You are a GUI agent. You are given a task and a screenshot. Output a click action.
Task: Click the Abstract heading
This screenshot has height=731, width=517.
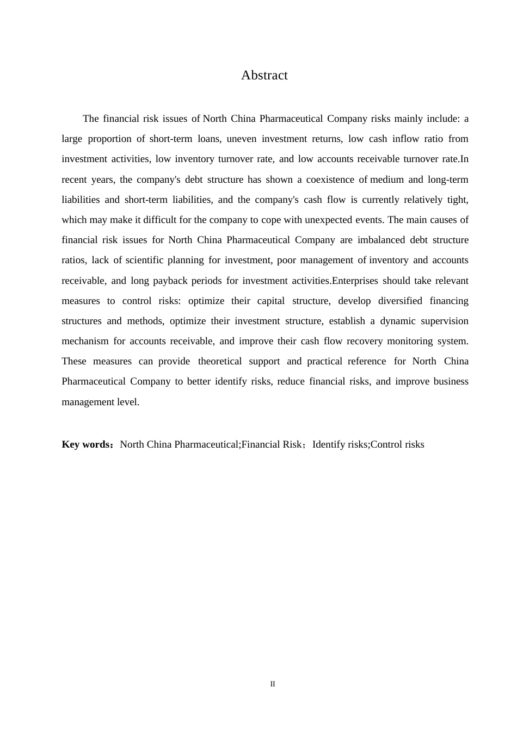[x=264, y=75]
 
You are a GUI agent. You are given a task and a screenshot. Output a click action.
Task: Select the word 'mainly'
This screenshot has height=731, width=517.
[x=408, y=119]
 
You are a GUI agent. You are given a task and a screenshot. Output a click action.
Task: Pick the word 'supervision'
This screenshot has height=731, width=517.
[x=445, y=321]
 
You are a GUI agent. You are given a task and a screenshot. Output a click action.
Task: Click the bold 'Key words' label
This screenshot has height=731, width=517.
[x=86, y=444]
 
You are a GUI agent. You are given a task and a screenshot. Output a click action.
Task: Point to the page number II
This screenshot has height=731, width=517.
[x=273, y=684]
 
